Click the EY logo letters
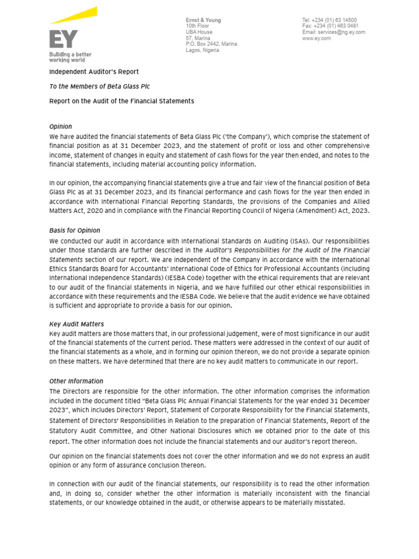(x=63, y=40)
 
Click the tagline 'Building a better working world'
(x=70, y=57)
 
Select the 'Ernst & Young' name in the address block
(x=203, y=20)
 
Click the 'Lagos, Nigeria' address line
(x=202, y=50)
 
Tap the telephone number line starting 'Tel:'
(x=330, y=20)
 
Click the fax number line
(x=330, y=26)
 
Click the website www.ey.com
(x=316, y=38)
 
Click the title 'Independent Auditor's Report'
(x=94, y=72)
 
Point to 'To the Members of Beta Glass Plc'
(x=99, y=86)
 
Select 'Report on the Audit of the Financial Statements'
(x=122, y=101)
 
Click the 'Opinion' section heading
(x=61, y=127)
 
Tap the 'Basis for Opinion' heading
(x=75, y=230)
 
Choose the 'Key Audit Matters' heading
(x=76, y=324)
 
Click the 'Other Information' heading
(x=76, y=382)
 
